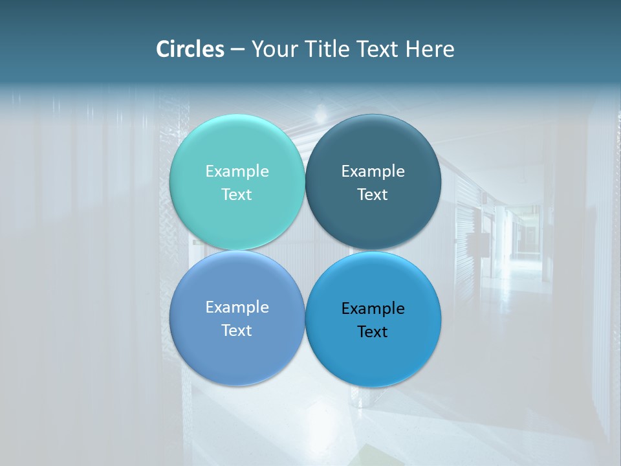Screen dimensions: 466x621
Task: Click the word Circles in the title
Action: pyautogui.click(x=190, y=49)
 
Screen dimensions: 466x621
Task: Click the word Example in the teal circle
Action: pyautogui.click(x=237, y=172)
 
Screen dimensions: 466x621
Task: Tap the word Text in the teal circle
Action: pyautogui.click(x=237, y=194)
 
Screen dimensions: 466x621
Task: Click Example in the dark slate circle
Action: pyautogui.click(x=373, y=172)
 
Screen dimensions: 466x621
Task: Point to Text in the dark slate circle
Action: pyautogui.click(x=373, y=194)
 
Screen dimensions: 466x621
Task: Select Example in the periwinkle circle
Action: pyautogui.click(x=237, y=307)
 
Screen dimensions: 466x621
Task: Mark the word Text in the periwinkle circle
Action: pyautogui.click(x=237, y=330)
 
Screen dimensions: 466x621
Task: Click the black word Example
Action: pyautogui.click(x=373, y=309)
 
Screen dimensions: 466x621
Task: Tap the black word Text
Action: pyautogui.click(x=373, y=331)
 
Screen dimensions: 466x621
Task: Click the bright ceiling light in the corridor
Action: pyautogui.click(x=320, y=116)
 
